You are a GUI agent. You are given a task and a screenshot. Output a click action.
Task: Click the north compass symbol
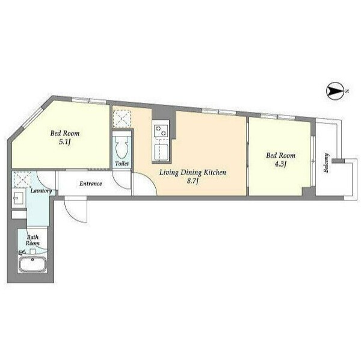coord(335,91)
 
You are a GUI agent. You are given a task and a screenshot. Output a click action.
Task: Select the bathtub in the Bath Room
coord(32,265)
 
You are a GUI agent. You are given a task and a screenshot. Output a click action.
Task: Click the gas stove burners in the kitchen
coord(161,131)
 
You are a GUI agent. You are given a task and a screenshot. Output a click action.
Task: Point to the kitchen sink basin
coord(161,151)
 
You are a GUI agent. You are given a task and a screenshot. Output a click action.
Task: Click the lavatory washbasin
coord(19,198)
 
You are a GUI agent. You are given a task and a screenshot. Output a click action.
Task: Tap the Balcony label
coord(326,162)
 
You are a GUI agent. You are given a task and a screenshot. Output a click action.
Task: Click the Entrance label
coord(91,184)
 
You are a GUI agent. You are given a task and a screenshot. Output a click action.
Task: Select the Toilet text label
coord(122,164)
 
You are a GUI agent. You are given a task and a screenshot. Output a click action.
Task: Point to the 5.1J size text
coord(64,142)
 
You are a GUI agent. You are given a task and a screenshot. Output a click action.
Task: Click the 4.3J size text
coord(280,164)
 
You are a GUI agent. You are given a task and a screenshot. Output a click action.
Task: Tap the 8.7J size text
coord(193,181)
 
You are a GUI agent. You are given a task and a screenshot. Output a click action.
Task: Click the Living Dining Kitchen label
coord(193,173)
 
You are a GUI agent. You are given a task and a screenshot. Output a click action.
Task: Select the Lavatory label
coord(41,191)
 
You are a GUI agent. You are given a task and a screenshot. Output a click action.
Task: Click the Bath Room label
coord(32,240)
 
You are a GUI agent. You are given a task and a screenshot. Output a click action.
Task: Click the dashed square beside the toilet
coord(122,119)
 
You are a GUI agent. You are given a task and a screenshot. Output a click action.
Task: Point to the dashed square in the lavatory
coord(22,179)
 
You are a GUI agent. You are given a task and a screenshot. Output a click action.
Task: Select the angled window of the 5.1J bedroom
coord(32,118)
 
